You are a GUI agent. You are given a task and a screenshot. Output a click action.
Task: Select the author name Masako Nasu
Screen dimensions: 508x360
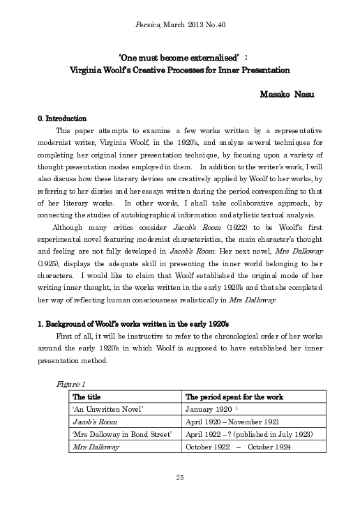click(x=287, y=94)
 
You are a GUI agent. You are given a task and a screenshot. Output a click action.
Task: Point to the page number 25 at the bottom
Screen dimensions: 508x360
click(x=179, y=477)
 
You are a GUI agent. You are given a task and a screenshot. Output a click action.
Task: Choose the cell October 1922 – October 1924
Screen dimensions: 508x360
click(x=238, y=446)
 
